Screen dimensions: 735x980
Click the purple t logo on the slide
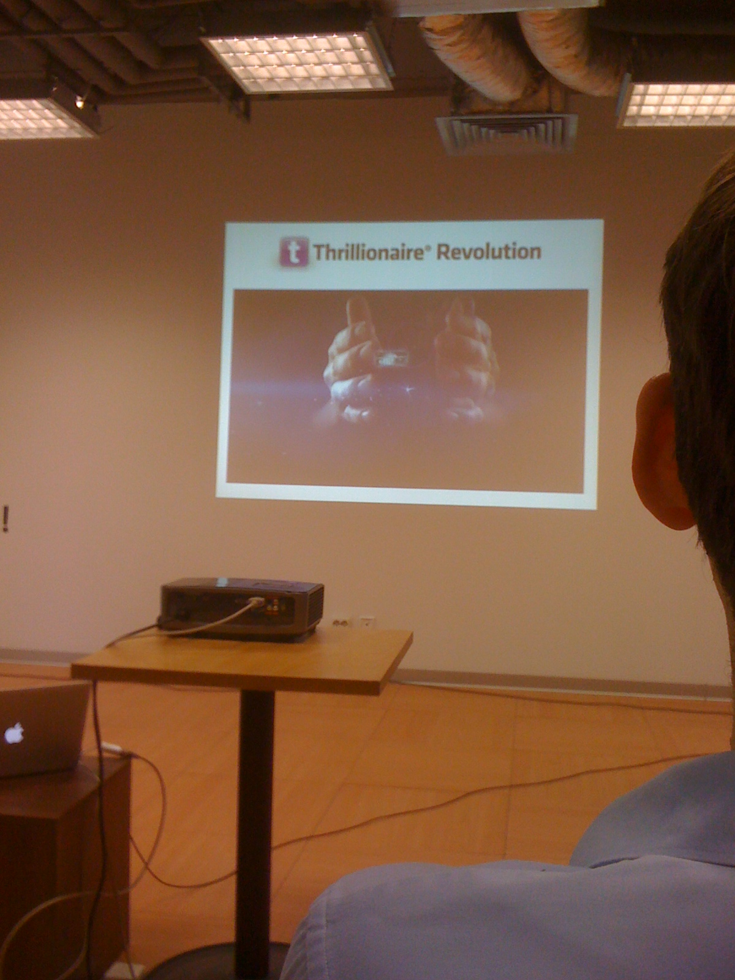point(294,251)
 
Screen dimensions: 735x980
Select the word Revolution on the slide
point(489,251)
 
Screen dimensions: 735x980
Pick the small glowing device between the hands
point(391,358)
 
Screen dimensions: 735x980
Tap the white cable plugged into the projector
point(209,617)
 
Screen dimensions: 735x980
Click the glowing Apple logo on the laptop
point(14,734)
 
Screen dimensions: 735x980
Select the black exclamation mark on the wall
point(6,518)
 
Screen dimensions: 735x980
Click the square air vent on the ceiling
point(506,132)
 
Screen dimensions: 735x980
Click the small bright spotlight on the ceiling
point(80,103)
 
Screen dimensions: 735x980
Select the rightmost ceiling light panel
point(678,105)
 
